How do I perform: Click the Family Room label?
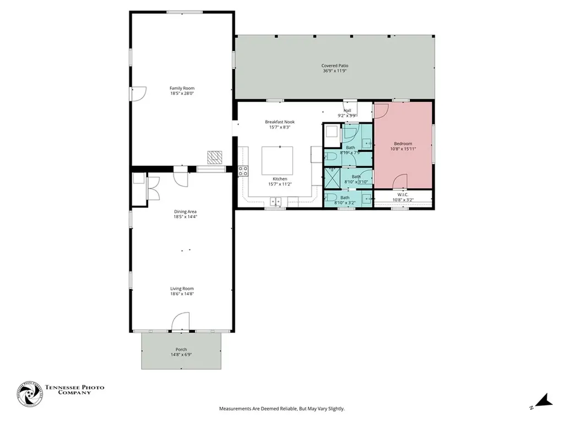point(182,88)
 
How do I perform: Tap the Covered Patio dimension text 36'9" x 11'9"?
point(335,71)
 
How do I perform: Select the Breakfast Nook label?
point(280,122)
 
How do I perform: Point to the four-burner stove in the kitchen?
point(243,171)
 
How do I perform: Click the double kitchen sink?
point(275,202)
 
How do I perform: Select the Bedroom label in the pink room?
point(403,144)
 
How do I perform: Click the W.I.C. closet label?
point(400,195)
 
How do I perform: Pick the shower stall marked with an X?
point(332,177)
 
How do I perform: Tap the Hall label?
point(347,110)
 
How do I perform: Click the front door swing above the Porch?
point(181,322)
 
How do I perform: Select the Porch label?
point(181,349)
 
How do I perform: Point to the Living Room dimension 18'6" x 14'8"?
point(182,294)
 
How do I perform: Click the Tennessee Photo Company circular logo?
point(29,394)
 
